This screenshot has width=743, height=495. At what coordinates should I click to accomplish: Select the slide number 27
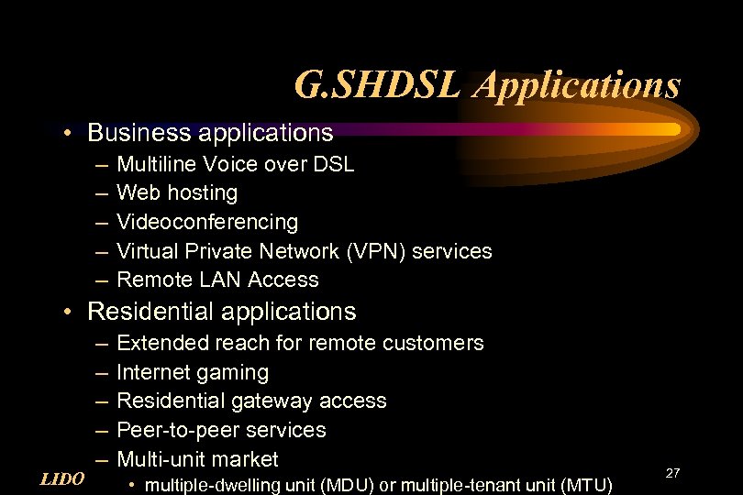coord(672,472)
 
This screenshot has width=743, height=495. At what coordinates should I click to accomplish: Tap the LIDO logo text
coord(63,478)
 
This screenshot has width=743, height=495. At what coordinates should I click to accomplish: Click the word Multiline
coord(153,164)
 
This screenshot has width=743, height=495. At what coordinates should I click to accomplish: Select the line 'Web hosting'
coord(177,192)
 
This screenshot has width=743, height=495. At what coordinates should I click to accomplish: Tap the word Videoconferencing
coord(207,222)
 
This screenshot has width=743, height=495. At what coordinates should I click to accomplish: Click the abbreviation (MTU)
coord(580,483)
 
